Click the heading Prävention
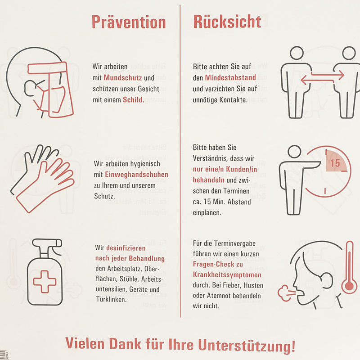pos(129,22)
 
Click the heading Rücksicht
pos(227,22)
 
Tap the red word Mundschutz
pos(123,78)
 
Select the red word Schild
pos(133,99)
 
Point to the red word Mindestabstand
pos(230,77)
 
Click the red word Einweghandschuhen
pos(137,175)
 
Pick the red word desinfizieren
pos(126,248)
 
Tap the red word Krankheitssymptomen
pos(227,274)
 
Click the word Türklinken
pos(111,299)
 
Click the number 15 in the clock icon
pos(335,163)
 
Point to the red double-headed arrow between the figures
pos(322,77)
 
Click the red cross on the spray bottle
pos(45,282)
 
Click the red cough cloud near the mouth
pos(286,293)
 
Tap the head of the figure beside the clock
pos(295,152)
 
